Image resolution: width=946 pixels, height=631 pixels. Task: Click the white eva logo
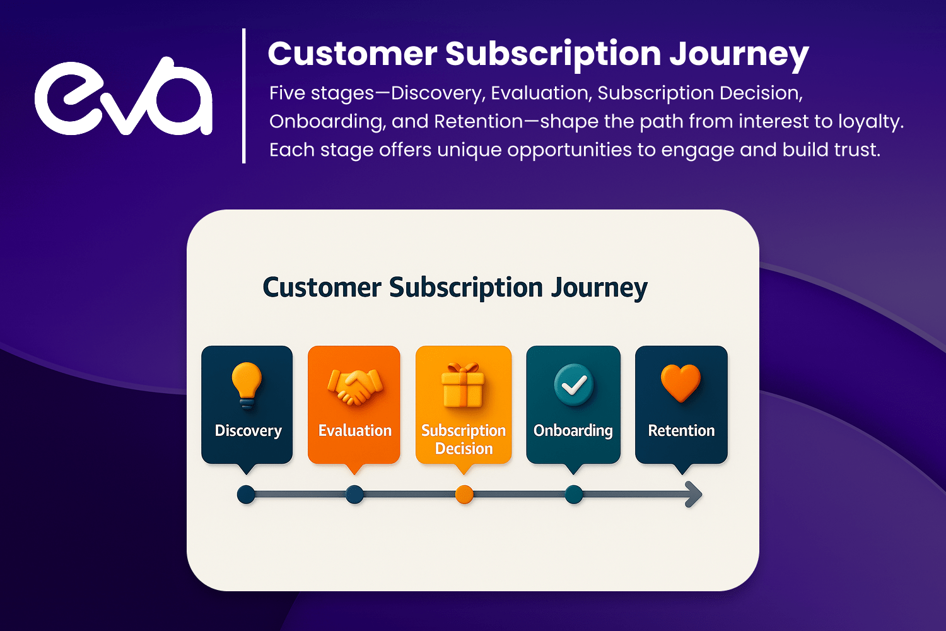tap(124, 97)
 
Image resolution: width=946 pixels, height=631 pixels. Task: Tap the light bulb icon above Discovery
tap(247, 385)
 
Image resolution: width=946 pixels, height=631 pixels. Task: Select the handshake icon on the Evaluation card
tap(354, 386)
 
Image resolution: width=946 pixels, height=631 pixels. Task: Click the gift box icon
tap(464, 385)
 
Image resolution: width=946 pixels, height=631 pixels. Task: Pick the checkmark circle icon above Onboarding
tap(573, 385)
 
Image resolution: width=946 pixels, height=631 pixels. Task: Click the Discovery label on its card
tap(248, 431)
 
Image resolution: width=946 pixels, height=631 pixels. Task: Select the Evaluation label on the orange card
tap(354, 430)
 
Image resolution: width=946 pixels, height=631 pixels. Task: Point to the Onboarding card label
tap(573, 431)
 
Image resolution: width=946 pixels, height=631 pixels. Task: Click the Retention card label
tap(681, 430)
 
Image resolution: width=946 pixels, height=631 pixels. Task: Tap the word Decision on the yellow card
tap(464, 449)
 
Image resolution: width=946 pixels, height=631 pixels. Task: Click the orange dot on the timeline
tap(464, 495)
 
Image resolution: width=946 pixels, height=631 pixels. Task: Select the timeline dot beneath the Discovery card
tap(246, 495)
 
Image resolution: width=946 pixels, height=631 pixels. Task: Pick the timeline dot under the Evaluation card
tap(354, 495)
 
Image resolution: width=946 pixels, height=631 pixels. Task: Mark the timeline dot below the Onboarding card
tap(573, 495)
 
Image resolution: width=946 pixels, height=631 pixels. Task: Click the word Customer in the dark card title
tap(322, 287)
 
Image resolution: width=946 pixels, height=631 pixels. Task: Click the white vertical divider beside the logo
tap(243, 96)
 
